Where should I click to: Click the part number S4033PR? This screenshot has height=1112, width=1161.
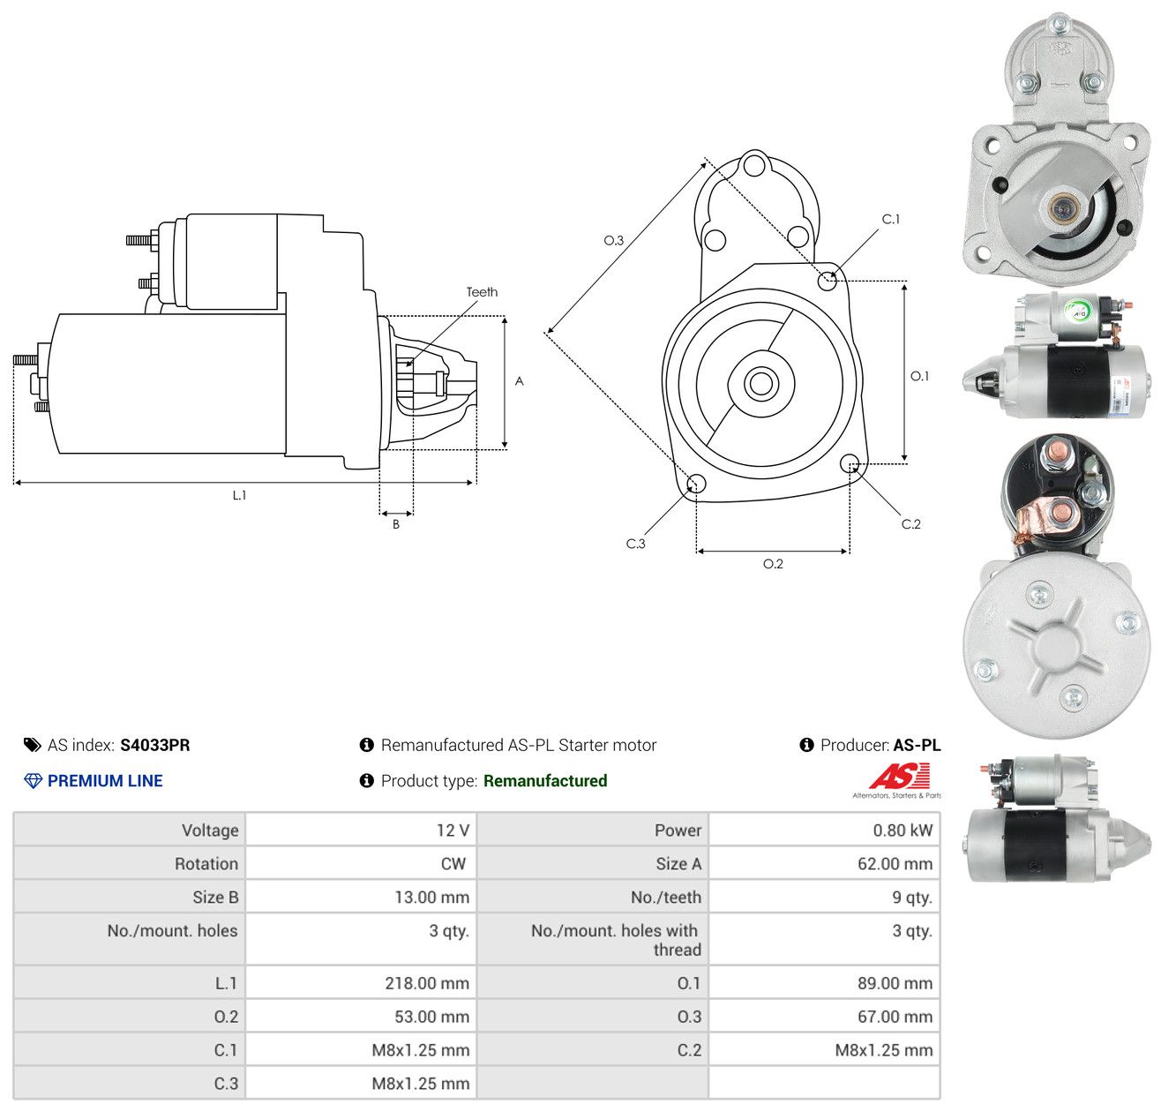point(154,745)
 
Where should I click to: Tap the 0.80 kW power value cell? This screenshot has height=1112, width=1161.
point(903,830)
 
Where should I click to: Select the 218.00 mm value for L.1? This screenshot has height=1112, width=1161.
point(427,982)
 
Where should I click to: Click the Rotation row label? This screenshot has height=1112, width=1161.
point(206,864)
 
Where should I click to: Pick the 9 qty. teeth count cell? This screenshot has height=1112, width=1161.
point(911,898)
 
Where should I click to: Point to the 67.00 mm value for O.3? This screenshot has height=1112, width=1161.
point(895,1016)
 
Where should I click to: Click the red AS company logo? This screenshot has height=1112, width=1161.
point(899,776)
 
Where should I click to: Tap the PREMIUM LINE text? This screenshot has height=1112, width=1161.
point(105,781)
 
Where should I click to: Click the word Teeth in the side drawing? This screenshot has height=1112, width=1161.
point(482,292)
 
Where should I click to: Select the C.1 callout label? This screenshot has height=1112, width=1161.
point(890,219)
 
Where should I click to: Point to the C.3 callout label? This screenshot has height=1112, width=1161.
point(635,544)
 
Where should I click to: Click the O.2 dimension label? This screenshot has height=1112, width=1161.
point(773,564)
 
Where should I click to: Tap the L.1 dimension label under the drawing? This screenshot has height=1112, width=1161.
point(239,495)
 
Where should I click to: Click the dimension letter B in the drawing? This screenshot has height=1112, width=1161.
point(395,524)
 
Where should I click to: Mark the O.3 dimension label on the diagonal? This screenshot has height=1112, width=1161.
point(613,240)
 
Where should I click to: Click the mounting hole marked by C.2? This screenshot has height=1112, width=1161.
point(850,462)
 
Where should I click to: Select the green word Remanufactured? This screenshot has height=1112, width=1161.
point(544,781)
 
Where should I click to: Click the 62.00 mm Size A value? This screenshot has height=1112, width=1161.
point(895,864)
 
